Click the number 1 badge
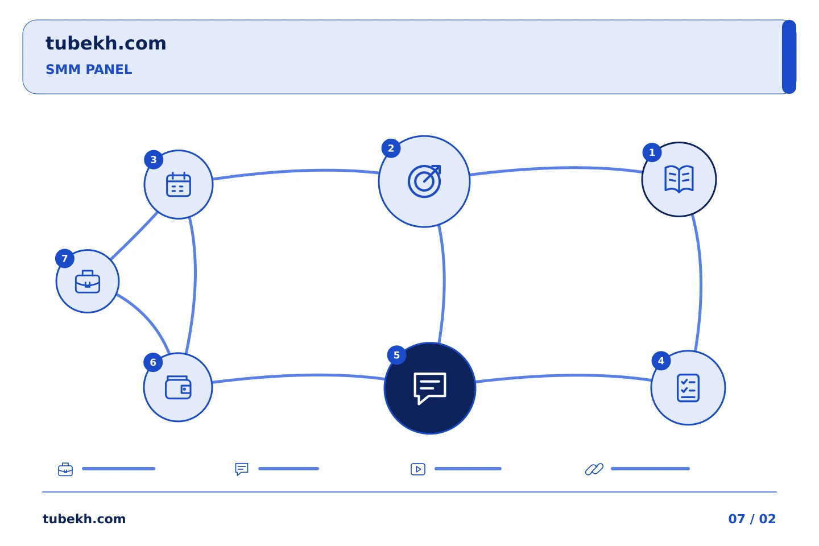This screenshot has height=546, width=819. (x=652, y=152)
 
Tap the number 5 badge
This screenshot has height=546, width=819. (x=396, y=355)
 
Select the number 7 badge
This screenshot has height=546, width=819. (x=65, y=259)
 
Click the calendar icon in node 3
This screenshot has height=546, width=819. (x=179, y=184)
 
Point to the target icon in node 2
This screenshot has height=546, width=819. (x=424, y=181)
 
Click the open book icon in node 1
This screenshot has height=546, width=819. (x=679, y=179)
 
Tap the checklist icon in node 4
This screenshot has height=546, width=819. (x=688, y=388)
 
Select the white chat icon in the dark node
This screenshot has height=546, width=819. (x=430, y=388)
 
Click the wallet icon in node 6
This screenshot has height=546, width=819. (x=178, y=387)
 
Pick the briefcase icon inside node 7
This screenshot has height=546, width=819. (x=88, y=281)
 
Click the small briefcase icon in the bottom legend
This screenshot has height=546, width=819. (x=65, y=469)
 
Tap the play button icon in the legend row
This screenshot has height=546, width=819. (x=418, y=469)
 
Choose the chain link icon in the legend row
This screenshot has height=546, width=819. (x=594, y=469)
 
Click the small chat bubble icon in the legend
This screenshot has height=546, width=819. (x=242, y=469)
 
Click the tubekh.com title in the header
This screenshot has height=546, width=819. (x=106, y=43)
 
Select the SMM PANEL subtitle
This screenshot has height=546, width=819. (x=89, y=69)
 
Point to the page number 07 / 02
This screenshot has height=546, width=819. (x=752, y=519)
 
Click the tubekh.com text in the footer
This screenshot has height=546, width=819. (x=84, y=519)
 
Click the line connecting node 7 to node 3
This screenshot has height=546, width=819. (x=134, y=236)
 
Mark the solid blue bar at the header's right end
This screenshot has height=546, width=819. (x=789, y=57)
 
